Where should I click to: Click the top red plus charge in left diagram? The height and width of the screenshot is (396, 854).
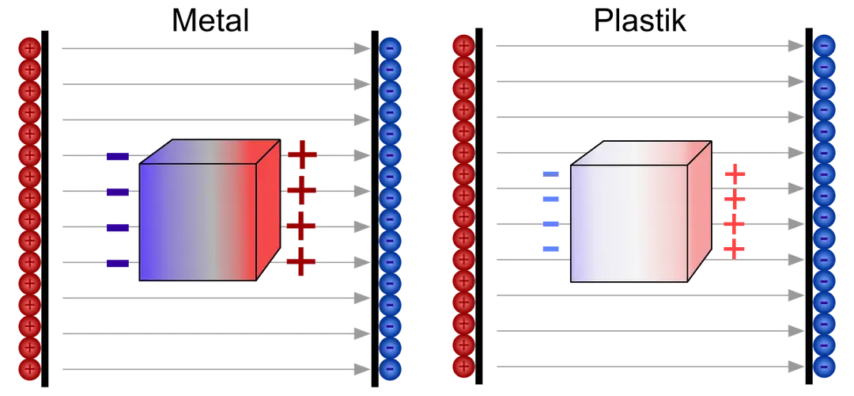pos(28,48)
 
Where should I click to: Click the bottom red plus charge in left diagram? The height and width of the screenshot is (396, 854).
pos(28,368)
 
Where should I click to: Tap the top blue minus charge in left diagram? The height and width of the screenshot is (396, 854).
pos(391,48)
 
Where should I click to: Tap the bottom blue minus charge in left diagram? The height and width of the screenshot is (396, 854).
pos(391,368)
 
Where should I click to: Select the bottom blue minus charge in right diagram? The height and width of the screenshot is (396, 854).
pos(824,366)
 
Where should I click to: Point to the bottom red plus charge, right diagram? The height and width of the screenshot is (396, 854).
pos(463,366)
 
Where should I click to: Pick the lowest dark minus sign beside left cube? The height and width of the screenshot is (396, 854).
pos(117,263)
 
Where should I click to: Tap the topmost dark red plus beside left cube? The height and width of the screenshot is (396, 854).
pos(301,153)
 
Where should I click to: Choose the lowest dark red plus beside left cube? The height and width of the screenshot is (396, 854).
pos(301,261)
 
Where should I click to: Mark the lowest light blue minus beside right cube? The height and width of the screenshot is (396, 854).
pos(551,249)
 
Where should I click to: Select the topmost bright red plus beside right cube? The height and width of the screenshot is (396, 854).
pos(735,173)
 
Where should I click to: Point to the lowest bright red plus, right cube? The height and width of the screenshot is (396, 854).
pos(735,250)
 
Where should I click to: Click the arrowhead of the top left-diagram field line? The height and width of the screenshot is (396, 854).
pos(361,48)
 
